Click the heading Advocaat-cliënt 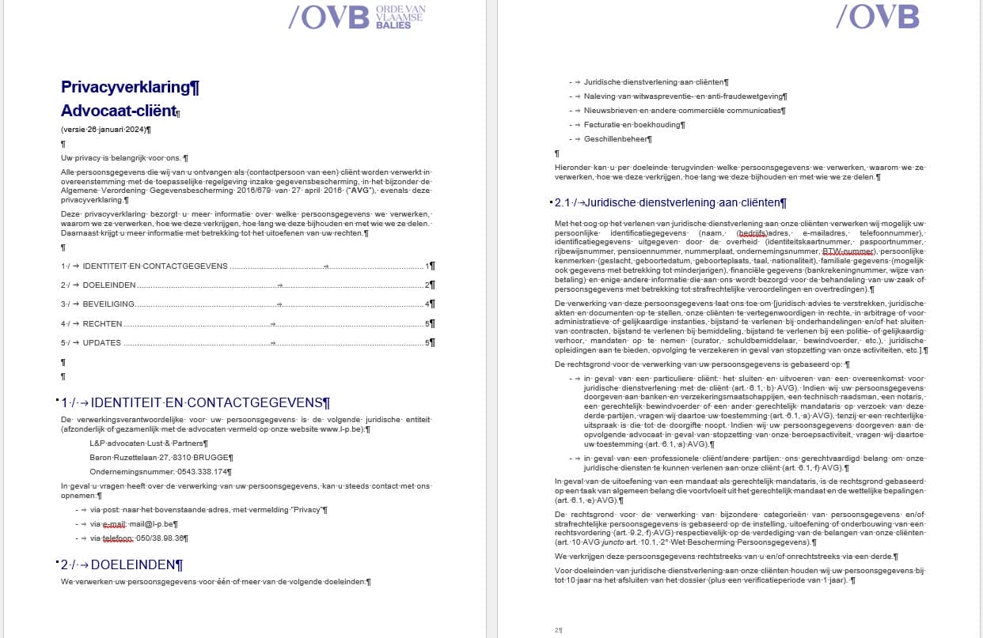click(117, 111)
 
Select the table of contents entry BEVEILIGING click(108, 304)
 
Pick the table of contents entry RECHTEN click(103, 323)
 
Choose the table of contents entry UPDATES click(102, 342)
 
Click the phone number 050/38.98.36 click(161, 538)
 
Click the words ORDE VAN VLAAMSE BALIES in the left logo click(400, 16)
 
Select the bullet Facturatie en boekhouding click(634, 124)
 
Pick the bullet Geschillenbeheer click(617, 138)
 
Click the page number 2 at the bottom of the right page click(557, 630)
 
